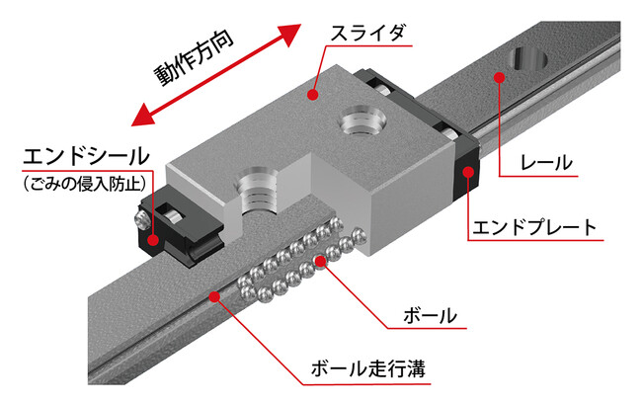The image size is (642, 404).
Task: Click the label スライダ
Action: (x=367, y=33)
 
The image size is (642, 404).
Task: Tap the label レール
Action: (x=546, y=163)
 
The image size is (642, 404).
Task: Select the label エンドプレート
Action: (x=534, y=227)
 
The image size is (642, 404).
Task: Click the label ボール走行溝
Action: (x=368, y=368)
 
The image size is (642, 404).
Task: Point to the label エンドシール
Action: (x=86, y=156)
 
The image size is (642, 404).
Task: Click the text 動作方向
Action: (x=194, y=57)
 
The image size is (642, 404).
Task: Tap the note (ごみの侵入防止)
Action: (x=85, y=184)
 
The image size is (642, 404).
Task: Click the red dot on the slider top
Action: (x=313, y=95)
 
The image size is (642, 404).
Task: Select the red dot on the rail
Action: (x=499, y=77)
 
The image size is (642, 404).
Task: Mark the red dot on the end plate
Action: (x=468, y=172)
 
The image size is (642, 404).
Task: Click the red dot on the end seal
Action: (x=153, y=240)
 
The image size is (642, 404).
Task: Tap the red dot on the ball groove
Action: (x=214, y=296)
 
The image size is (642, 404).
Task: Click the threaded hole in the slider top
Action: (x=361, y=121)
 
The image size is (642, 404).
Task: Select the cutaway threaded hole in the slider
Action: (x=257, y=191)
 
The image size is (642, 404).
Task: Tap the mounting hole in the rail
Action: (x=527, y=58)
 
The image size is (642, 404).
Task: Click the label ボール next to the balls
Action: (x=430, y=316)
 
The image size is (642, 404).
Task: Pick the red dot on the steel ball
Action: (x=321, y=262)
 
